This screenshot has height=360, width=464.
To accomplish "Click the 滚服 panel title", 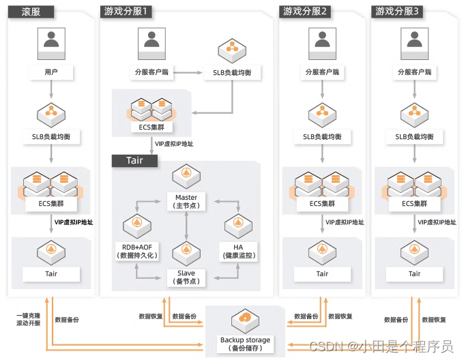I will coord(25,12).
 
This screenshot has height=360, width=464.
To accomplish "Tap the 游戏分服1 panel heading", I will coord(126,12).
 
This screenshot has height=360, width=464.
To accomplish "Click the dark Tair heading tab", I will coord(135,161).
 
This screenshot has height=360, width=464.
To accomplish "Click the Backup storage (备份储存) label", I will coord(245,344).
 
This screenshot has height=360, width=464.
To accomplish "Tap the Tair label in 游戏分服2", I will coord(322,273).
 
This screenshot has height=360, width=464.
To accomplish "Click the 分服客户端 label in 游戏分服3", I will coord(414,71).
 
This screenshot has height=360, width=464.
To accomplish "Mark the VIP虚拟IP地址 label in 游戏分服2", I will coord(345,222).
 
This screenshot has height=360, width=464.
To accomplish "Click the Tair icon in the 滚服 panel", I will coord(50,251).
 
